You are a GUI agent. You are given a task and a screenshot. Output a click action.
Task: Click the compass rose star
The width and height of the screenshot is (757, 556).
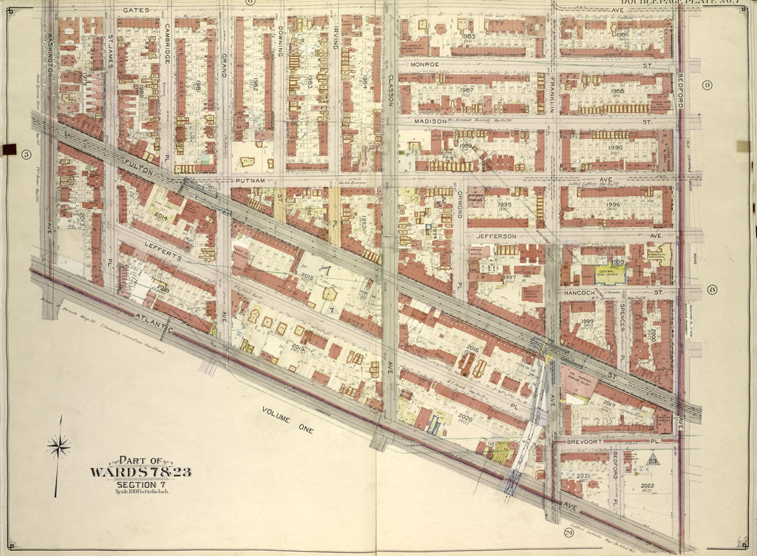(58, 446)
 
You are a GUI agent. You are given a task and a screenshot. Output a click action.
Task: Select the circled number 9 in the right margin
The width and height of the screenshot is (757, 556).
(707, 85)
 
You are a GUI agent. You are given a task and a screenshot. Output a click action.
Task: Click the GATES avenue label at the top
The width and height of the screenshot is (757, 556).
(136, 10)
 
